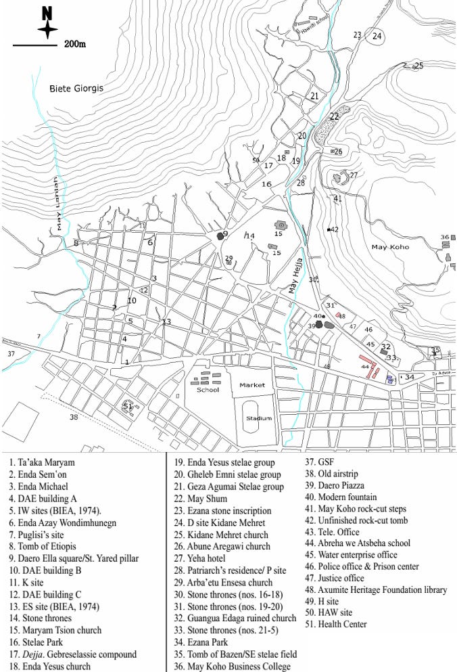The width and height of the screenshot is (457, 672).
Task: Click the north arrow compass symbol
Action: pos(47,25)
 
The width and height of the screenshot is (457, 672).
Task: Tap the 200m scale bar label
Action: pos(74,45)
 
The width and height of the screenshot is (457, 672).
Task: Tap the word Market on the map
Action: pos(251,385)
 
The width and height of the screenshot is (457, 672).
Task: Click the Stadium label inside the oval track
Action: pos(258,418)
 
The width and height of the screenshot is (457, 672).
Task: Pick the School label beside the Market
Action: pos(208,390)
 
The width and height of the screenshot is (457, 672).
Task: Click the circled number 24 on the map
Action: pos(377,37)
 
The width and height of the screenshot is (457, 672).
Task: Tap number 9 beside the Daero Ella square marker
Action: pos(226,234)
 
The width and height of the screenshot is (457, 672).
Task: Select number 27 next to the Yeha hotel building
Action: pos(353,175)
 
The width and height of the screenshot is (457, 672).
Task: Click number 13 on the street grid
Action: pos(166,321)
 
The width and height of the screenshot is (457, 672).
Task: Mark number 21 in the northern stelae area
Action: pos(314,97)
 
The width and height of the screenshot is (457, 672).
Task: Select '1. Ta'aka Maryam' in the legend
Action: pos(42,463)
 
